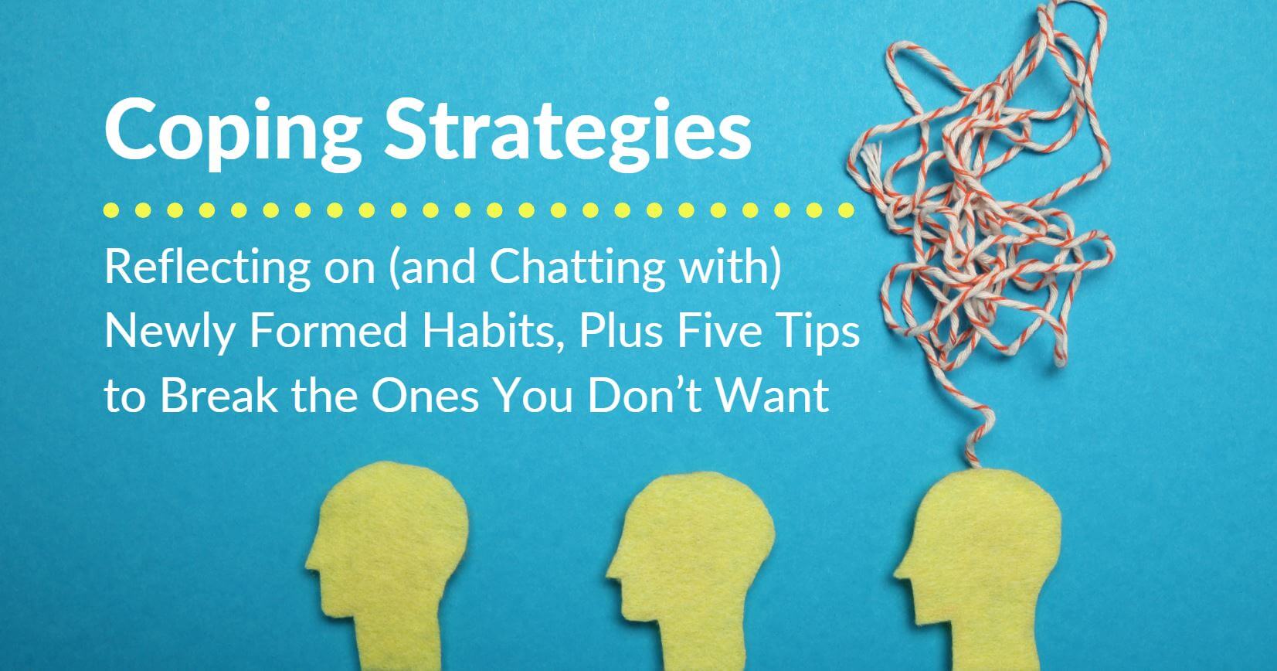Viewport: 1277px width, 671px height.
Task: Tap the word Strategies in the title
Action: [568, 132]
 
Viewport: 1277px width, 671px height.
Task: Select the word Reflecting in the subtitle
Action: [208, 269]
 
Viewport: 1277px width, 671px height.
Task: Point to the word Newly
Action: [169, 332]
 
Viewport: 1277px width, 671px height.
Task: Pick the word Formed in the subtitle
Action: [328, 331]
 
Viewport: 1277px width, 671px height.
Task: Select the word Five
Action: [720, 331]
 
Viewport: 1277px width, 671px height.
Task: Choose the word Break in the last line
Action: [219, 395]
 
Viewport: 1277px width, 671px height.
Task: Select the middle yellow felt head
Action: [690, 570]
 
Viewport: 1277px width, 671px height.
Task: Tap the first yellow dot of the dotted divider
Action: [112, 210]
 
